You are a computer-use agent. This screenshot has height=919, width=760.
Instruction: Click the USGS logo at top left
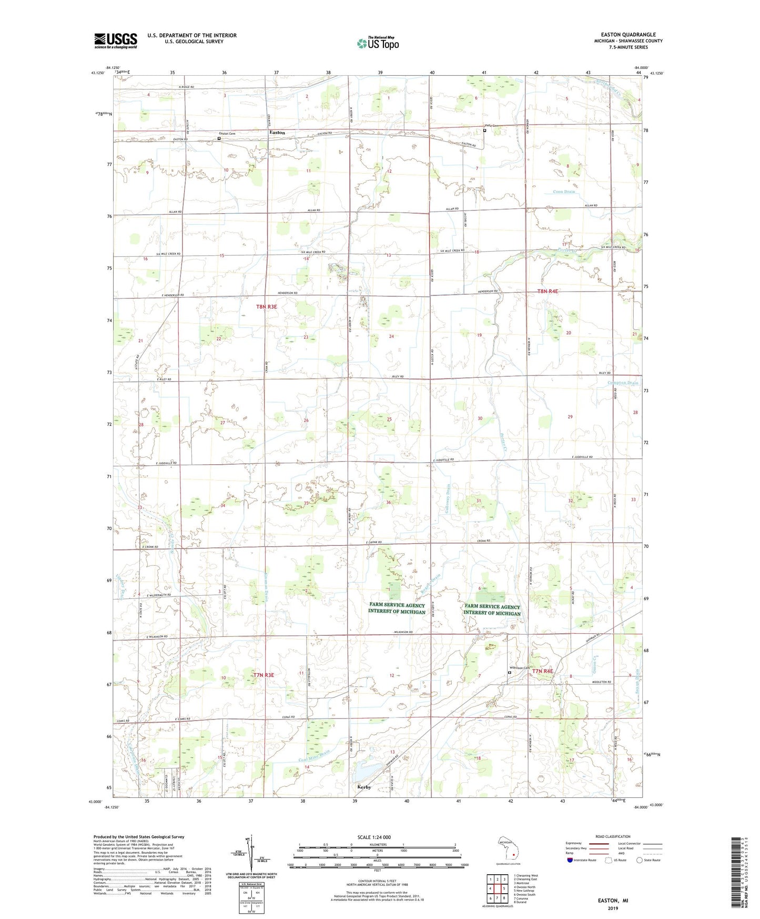point(115,41)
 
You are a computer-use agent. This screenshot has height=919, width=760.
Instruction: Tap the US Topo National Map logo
point(378,43)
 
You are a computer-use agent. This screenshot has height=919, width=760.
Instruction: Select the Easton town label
point(277,133)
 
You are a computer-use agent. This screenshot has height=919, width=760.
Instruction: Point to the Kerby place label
point(364,787)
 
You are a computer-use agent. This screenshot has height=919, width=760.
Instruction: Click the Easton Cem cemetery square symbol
point(219,139)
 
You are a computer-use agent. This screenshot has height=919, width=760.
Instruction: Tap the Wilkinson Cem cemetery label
point(519,668)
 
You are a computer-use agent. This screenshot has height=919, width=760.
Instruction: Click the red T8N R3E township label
point(266,306)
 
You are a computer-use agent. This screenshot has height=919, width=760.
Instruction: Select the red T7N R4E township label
point(542,671)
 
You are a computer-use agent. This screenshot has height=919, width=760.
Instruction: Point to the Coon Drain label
point(564,192)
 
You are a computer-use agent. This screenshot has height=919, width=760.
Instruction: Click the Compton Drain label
point(623,383)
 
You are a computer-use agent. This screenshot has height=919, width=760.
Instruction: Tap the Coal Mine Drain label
point(315,755)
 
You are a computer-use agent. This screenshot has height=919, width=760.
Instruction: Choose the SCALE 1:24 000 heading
point(374,837)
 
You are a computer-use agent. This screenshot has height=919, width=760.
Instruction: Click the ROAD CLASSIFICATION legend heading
point(612,836)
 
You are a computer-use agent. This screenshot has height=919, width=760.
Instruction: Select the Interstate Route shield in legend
point(570,860)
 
